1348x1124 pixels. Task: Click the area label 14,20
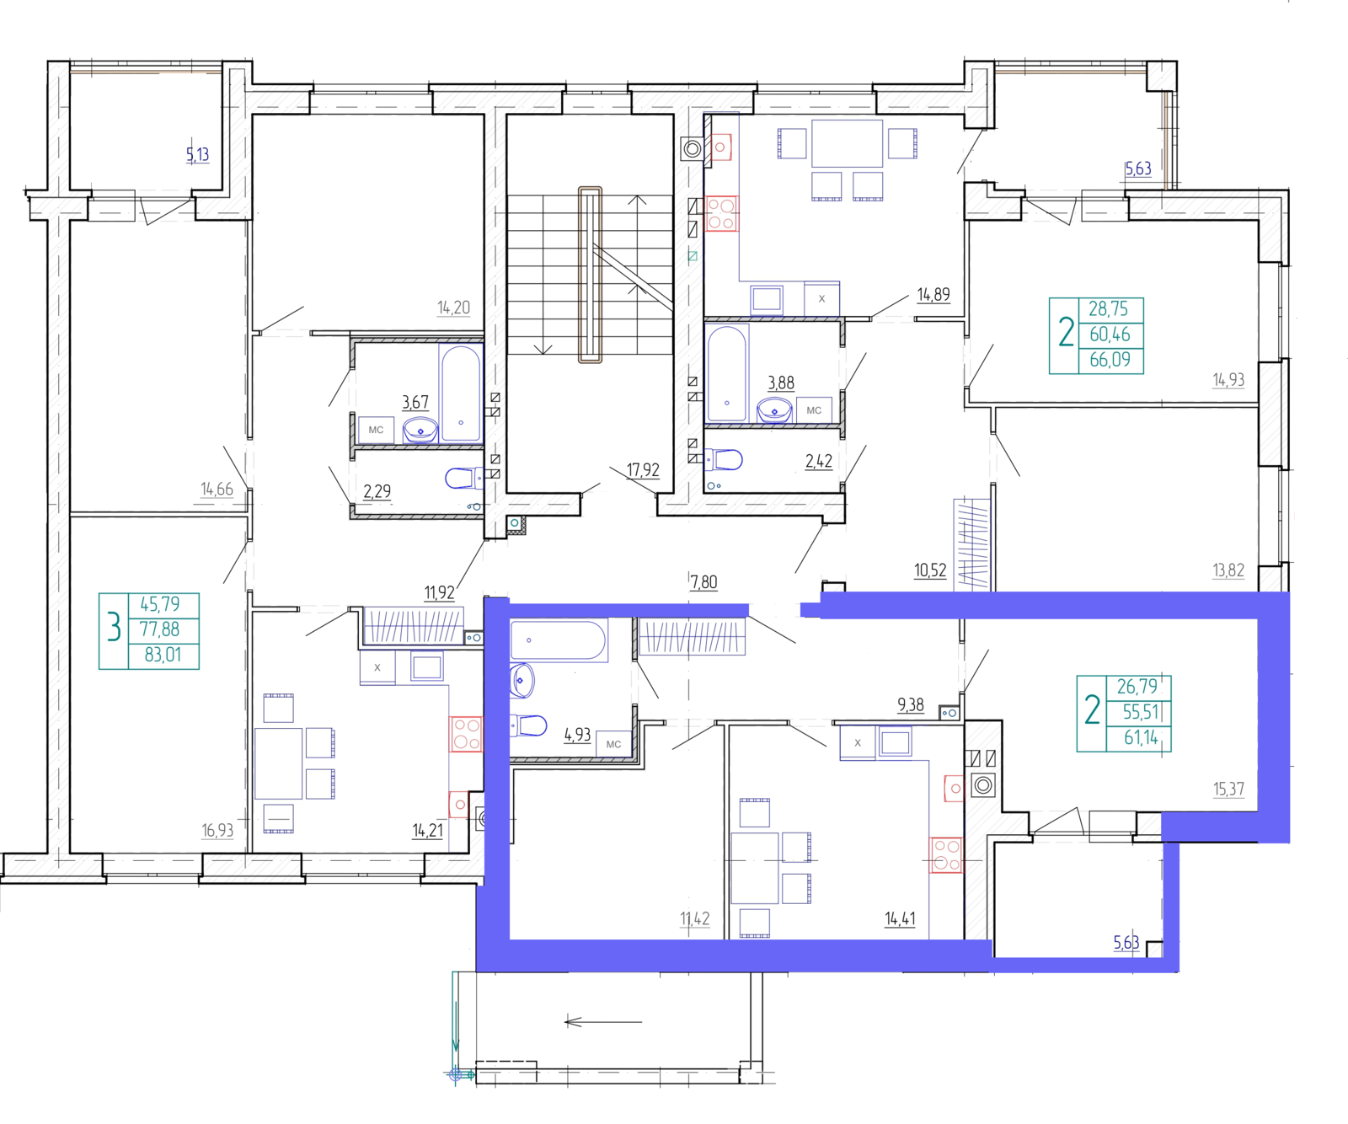(453, 308)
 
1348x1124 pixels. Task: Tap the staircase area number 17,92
(643, 470)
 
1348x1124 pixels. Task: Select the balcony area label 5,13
(197, 154)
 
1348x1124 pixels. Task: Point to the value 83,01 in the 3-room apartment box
(163, 655)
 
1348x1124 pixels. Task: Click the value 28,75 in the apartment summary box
(1108, 309)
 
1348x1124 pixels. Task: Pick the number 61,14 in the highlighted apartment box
(1141, 738)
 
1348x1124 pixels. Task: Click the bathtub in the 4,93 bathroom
(558, 640)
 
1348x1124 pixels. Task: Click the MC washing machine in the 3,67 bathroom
(376, 430)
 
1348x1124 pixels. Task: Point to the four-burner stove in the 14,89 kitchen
(721, 214)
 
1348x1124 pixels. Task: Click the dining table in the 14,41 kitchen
(754, 868)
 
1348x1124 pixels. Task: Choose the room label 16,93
(217, 831)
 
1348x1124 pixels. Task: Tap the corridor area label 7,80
(703, 582)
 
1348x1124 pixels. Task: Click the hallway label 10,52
(930, 570)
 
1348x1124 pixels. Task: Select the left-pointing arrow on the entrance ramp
(603, 1022)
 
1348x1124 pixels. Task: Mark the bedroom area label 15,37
(1228, 789)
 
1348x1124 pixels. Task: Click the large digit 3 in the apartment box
(114, 629)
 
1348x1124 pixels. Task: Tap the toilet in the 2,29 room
(460, 479)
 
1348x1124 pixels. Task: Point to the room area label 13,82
(1228, 570)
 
